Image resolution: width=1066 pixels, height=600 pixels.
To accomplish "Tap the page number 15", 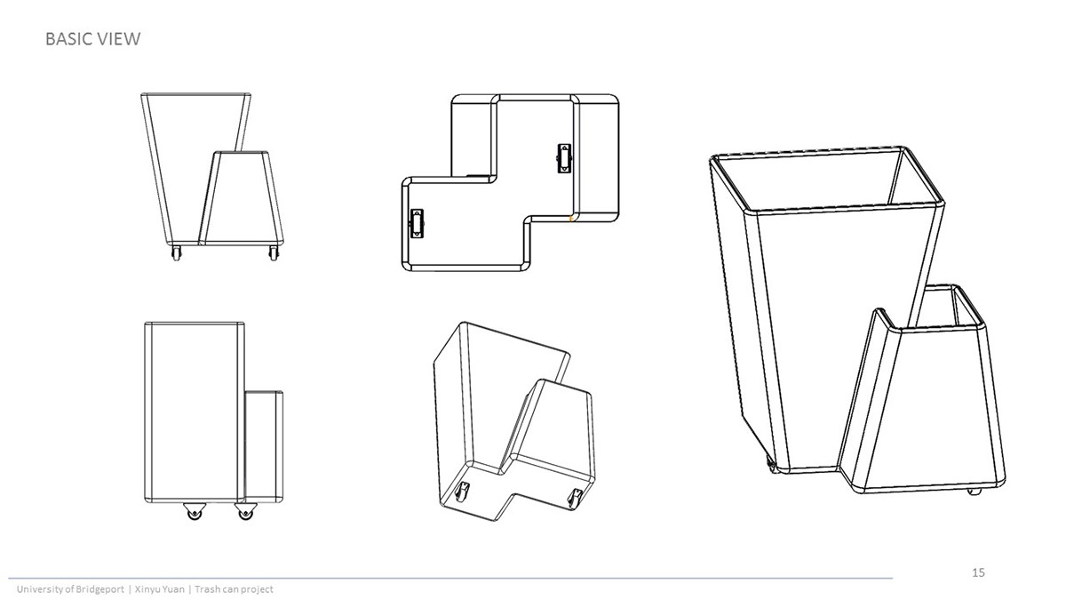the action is click(x=978, y=572).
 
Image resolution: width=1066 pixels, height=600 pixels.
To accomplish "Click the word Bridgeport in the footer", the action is click(x=99, y=589).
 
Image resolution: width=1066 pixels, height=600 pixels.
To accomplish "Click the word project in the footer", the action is click(x=257, y=589).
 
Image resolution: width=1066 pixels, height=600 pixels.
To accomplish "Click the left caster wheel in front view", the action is click(x=176, y=252).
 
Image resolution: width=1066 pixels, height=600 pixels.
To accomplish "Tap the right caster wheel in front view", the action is click(x=274, y=252).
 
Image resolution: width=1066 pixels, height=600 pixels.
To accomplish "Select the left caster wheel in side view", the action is click(x=195, y=511).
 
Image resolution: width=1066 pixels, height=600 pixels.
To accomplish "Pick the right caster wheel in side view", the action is click(x=245, y=511).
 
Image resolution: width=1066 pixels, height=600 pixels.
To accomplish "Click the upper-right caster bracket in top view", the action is click(x=564, y=158).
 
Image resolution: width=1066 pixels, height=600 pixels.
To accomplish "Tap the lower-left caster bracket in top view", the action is click(x=417, y=223).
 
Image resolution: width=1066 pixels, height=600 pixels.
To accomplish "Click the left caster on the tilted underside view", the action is click(x=462, y=491).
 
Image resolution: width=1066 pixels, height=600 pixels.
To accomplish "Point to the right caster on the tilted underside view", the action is click(x=575, y=498).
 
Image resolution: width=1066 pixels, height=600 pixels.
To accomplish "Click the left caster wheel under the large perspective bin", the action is click(x=770, y=464).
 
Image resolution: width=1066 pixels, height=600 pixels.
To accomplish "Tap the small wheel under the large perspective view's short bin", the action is click(x=974, y=491).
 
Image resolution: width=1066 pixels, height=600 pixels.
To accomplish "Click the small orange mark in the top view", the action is click(x=570, y=219).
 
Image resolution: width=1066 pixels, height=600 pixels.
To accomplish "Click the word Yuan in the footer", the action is click(x=173, y=589).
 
